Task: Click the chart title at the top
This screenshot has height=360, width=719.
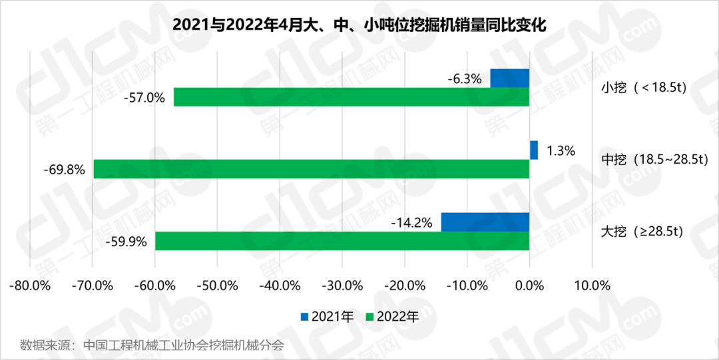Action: pos(359,25)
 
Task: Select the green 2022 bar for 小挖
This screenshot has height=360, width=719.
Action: pos(351,97)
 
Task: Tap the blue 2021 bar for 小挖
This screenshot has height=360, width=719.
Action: pos(509,78)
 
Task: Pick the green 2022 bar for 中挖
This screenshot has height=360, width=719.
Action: pos(311,169)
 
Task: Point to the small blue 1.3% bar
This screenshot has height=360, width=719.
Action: pos(534,150)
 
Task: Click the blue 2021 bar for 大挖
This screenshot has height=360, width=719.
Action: pos(485,222)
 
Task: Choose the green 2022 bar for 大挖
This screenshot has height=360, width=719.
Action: pos(342,241)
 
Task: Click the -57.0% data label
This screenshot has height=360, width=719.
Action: pos(144,98)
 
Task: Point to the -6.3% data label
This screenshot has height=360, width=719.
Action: pos(464,79)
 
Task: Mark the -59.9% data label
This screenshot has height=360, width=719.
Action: pos(126,242)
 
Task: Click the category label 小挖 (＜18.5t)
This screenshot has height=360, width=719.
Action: pos(643,88)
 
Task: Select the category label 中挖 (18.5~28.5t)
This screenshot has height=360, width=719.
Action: pos(654,160)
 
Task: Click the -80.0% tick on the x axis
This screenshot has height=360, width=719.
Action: pos(31,286)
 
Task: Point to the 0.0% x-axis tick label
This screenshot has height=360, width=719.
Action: pos(529,286)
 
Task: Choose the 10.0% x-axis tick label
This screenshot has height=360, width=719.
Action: pos(591,286)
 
